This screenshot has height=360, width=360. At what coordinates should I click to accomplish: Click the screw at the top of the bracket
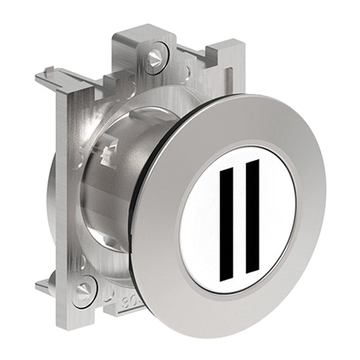[x=153, y=58]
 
